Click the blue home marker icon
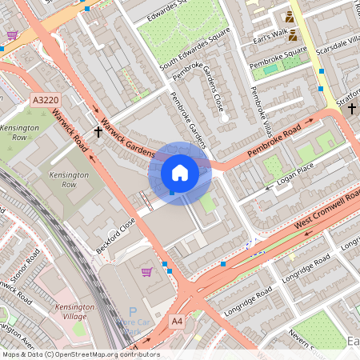(180, 172)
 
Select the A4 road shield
(178, 321)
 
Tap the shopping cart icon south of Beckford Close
(146, 272)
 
